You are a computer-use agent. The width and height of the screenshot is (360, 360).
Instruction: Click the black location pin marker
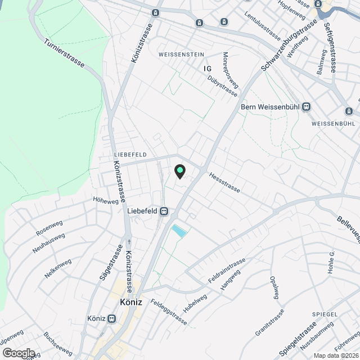180,171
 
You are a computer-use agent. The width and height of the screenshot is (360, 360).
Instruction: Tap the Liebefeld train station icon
164,211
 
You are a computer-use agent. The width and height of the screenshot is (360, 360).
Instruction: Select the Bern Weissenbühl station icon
306,106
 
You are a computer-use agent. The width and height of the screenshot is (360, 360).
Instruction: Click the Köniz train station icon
111,318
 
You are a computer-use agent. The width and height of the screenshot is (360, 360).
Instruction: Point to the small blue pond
179,231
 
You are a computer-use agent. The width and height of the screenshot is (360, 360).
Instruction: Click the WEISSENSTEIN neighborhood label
181,54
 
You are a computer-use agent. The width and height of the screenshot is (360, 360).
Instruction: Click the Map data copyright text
336,355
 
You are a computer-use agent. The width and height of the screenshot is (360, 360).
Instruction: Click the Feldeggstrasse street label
169,310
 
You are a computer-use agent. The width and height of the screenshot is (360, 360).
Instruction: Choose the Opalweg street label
275,288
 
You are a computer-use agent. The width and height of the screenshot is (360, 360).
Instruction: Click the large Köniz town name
130,302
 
